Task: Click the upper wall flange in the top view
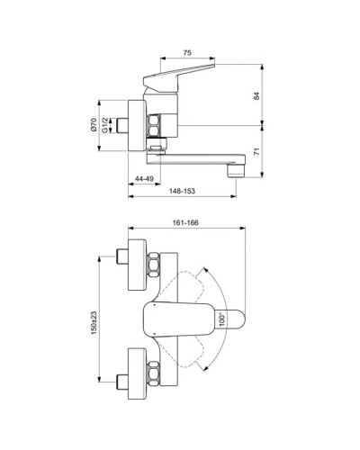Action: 137,265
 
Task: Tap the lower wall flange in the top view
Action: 137,369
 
